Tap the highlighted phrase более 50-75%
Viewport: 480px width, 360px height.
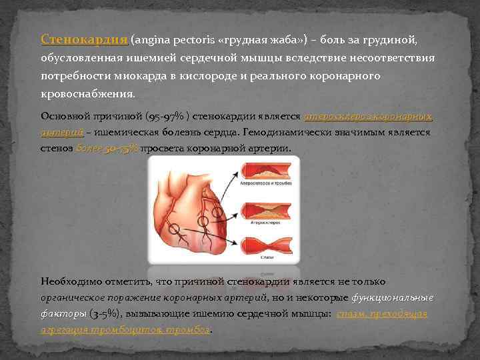click(x=107, y=147)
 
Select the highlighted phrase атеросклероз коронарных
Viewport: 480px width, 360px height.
click(x=368, y=116)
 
